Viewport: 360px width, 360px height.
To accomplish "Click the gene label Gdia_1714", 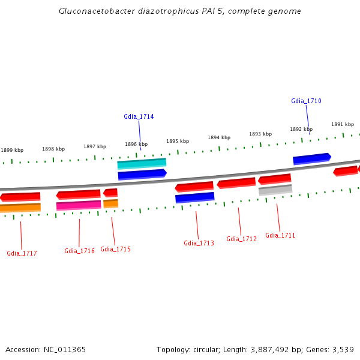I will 139,116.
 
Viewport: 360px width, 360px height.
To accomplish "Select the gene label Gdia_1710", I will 306,101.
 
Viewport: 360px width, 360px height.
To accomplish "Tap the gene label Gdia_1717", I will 22,253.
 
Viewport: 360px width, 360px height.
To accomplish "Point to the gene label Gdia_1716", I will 79,251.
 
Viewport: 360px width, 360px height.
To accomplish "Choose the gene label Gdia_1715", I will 115,249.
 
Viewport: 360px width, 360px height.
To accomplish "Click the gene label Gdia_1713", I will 199,243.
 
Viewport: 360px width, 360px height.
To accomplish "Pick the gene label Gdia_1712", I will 241,239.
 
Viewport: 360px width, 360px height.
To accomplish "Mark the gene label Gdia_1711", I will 280,235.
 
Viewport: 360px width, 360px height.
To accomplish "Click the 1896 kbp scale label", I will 136,144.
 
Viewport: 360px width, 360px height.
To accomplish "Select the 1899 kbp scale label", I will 12,151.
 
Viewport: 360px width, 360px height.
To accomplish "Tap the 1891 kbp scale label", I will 343,124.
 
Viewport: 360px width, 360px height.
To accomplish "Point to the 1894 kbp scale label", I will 219,137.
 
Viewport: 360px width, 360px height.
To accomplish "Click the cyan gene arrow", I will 142,163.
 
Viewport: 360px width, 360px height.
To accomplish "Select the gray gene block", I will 275,190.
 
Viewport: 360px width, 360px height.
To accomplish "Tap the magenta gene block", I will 79,205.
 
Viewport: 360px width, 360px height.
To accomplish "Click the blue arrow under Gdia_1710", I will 311,159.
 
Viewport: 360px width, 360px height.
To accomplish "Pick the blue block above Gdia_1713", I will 194,197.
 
